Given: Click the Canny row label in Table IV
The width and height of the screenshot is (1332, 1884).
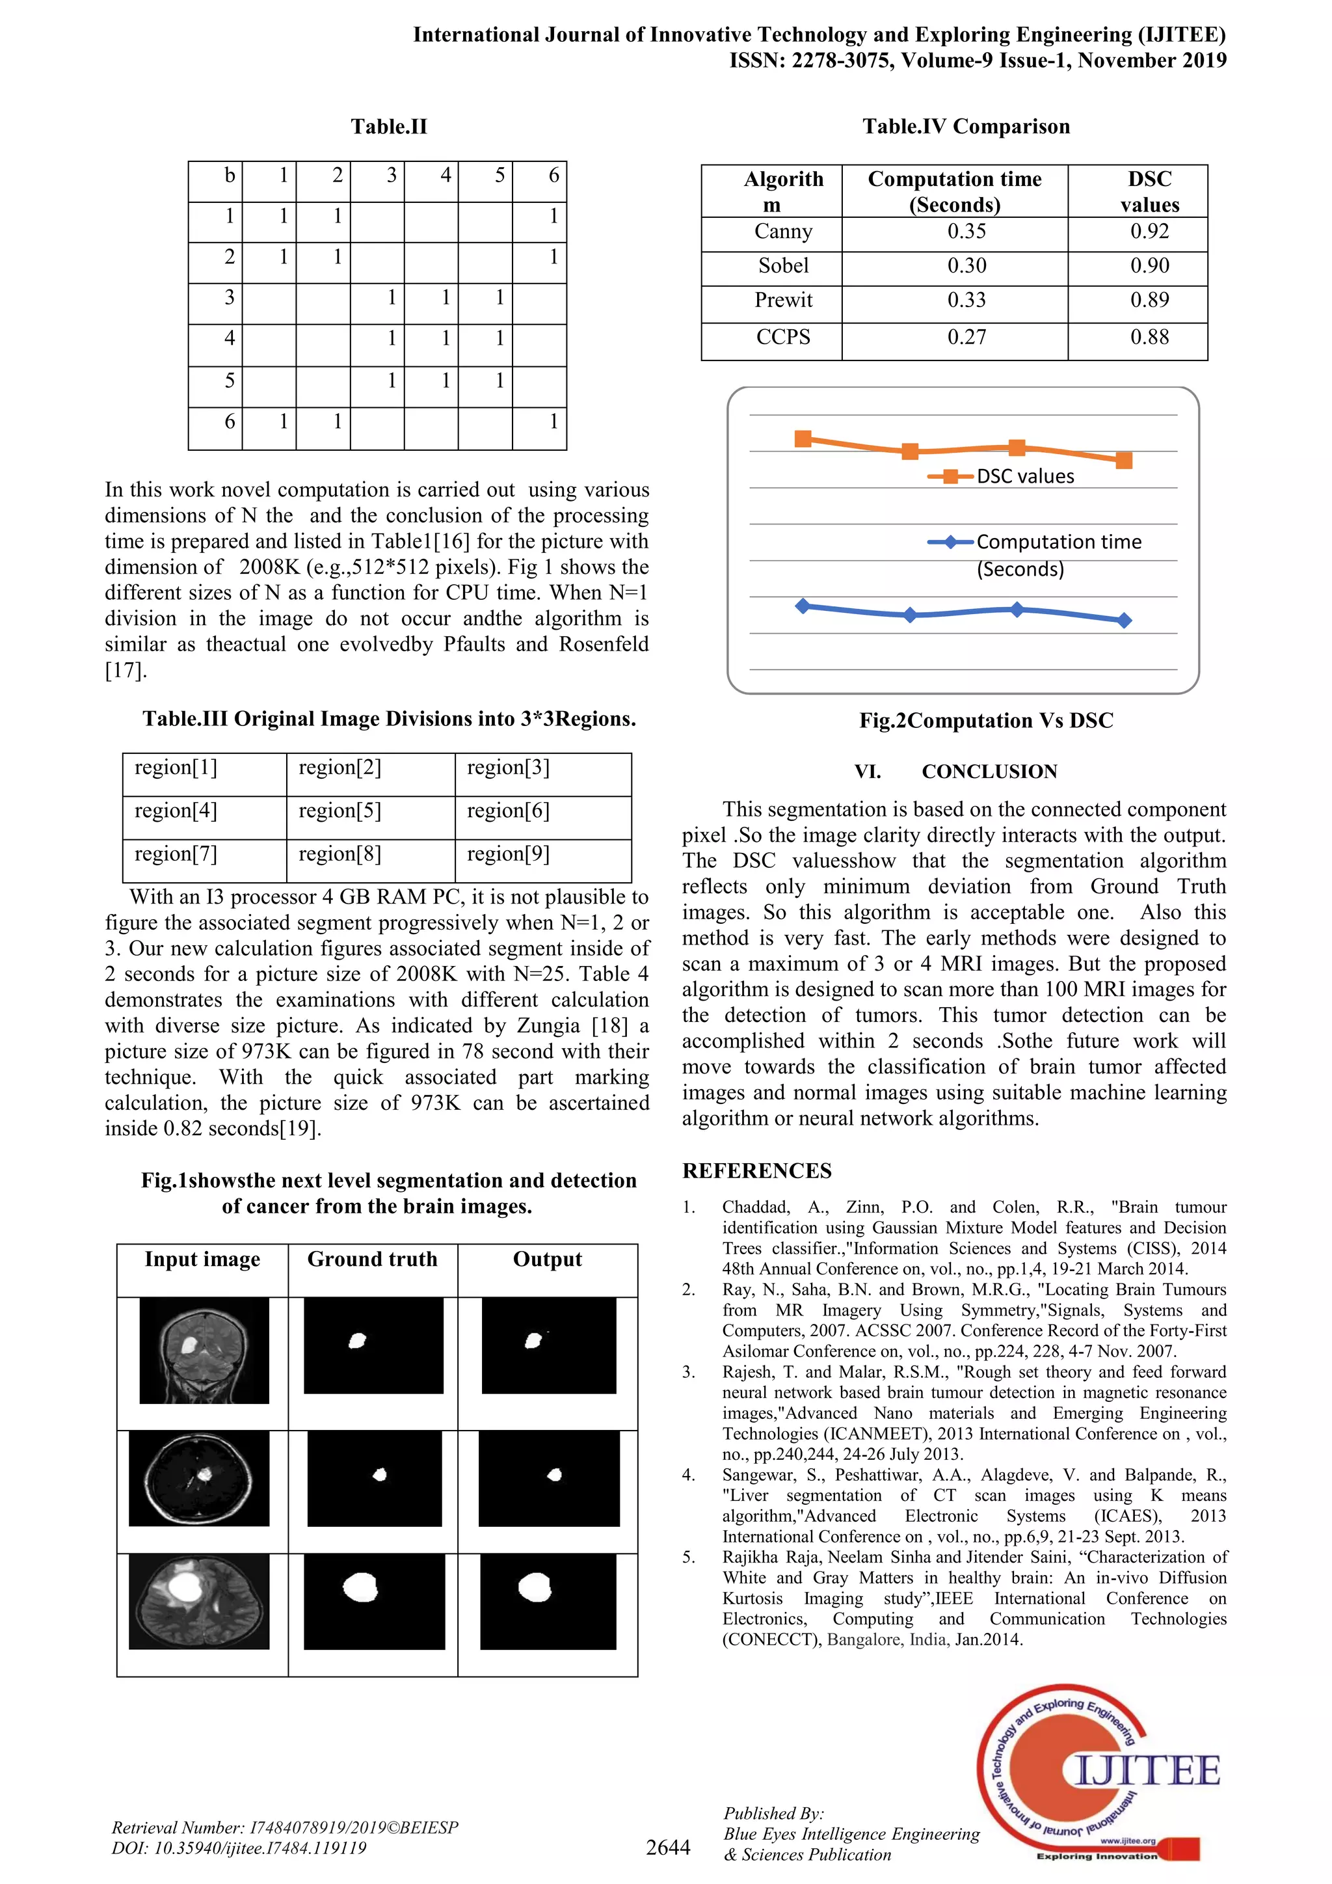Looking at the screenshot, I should (782, 232).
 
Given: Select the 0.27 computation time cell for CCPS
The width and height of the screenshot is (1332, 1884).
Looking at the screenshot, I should (966, 337).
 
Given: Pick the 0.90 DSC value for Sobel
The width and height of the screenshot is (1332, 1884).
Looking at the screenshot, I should (1149, 266).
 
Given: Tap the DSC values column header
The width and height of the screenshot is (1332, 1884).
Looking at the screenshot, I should (1149, 191).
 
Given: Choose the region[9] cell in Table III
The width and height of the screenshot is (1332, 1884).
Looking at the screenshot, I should (508, 854).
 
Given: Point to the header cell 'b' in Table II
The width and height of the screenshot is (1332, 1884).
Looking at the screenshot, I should (230, 176).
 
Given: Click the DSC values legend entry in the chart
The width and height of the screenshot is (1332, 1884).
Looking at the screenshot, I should (1024, 477).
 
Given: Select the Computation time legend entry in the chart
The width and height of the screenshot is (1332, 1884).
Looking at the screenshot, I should (1058, 543).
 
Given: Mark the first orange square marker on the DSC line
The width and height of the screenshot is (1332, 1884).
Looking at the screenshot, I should (804, 439).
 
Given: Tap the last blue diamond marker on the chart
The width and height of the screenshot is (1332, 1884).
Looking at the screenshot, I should (1124, 621).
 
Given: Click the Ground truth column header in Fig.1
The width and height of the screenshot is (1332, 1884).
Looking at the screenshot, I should (373, 1259).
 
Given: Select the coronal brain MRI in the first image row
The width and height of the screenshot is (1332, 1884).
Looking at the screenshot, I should (204, 1350).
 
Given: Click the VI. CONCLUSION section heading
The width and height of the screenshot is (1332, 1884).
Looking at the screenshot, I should (955, 772).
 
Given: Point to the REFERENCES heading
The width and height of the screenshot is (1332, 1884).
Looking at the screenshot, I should (756, 1171).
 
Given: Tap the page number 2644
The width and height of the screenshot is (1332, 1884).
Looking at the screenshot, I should (668, 1847).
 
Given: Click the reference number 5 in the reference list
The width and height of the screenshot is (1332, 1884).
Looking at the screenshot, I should (689, 1557).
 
